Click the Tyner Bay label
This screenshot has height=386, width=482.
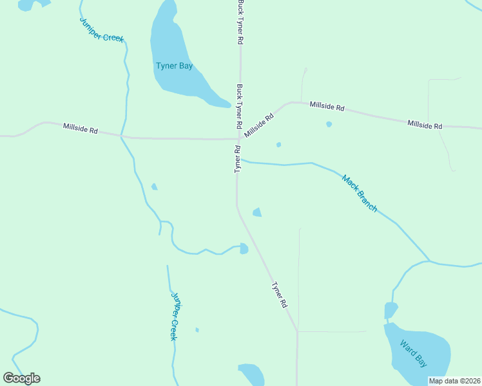point(175,66)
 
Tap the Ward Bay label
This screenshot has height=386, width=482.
point(413,353)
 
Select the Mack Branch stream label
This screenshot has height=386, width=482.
point(359,193)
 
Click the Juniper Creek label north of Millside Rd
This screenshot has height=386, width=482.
point(101,30)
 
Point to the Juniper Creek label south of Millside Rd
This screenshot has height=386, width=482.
point(173,316)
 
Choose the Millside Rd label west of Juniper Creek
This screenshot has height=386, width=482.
point(81,129)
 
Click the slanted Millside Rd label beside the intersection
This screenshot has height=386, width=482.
point(259,125)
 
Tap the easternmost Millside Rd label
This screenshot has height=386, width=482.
point(425,124)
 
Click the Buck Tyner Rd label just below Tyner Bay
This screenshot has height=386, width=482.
point(239,106)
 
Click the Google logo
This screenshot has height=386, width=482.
point(21,378)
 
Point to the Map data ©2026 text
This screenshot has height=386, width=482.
point(454,381)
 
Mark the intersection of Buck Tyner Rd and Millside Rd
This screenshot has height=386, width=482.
point(239,138)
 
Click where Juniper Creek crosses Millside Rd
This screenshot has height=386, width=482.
point(121,136)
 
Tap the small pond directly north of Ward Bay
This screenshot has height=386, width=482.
point(390,310)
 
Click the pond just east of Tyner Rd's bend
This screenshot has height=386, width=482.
point(257,212)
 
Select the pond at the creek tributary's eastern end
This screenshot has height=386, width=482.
point(244,248)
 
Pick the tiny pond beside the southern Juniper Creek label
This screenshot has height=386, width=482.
point(197,330)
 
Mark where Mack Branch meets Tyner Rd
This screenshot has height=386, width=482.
point(239,160)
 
